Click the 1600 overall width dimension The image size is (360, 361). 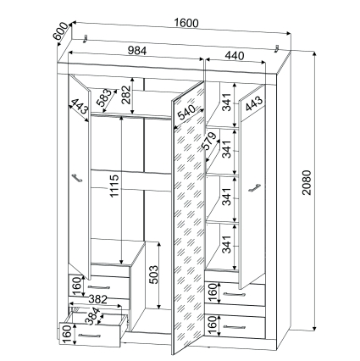(x=186, y=23)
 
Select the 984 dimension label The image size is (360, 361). (x=137, y=51)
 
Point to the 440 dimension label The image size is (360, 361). (x=235, y=55)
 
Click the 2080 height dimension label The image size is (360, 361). (x=307, y=182)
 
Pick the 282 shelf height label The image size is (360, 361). (x=126, y=95)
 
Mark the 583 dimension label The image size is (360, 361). (x=104, y=97)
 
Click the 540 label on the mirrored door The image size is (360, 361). (x=186, y=113)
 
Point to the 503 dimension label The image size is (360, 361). (x=154, y=275)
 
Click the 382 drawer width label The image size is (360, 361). (x=98, y=299)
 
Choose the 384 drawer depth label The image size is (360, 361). (x=94, y=315)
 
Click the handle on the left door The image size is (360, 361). (x=77, y=178)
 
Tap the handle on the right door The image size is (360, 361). (x=254, y=188)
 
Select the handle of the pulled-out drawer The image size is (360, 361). (x=89, y=336)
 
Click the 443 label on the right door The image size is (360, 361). (x=254, y=104)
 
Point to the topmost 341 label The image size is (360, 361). (x=227, y=102)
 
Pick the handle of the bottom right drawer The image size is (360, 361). (x=234, y=327)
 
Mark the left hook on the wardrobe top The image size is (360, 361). (x=85, y=39)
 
